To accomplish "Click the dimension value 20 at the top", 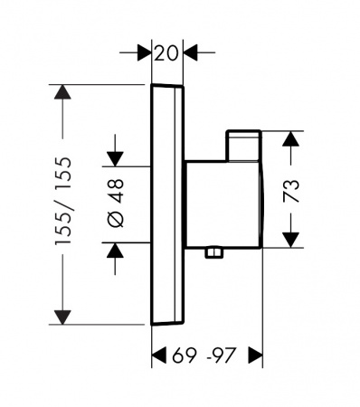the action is tap(166, 53).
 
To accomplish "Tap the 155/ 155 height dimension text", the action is tap(63, 201).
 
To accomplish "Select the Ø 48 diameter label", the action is tap(116, 203).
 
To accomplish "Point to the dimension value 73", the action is tap(291, 191).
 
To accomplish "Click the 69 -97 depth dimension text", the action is tap(204, 355).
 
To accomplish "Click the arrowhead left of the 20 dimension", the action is tap(145, 52).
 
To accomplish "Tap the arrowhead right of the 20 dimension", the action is tap(191, 52).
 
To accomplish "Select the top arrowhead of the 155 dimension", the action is tap(62, 92).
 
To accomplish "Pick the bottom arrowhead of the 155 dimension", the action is tap(62, 317).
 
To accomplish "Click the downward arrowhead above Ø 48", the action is tap(115, 159).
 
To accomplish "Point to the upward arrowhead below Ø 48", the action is tap(115, 250).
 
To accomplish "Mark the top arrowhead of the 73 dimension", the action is tap(291, 138).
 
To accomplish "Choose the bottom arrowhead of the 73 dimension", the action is tap(291, 240).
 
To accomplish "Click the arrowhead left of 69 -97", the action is tap(159, 355).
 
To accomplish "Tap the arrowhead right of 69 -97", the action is tap(255, 355).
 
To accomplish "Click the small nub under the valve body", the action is tap(214, 252).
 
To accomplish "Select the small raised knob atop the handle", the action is tap(243, 146).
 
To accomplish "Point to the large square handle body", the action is tap(223, 204).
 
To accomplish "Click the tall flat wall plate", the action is tap(167, 204).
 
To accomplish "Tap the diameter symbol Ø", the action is tap(116, 219).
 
